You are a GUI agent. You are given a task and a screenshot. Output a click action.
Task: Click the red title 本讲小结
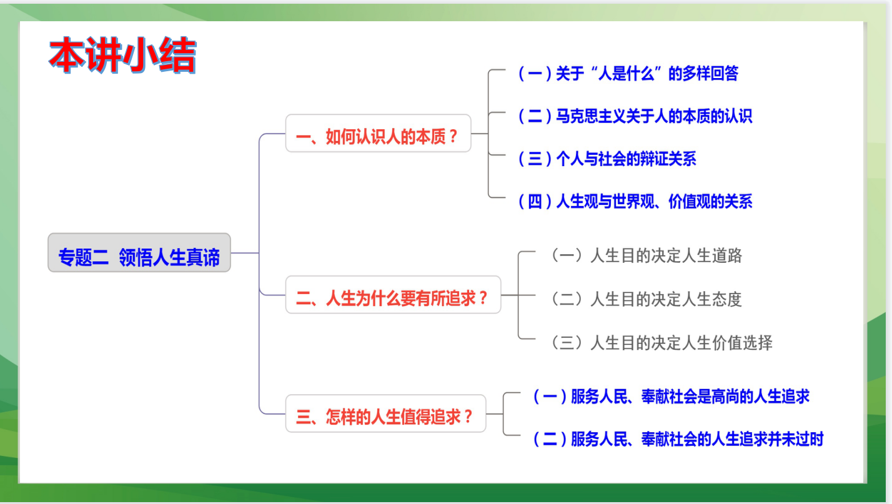(x=122, y=56)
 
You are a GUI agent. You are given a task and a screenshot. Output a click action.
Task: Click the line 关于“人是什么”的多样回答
(x=628, y=74)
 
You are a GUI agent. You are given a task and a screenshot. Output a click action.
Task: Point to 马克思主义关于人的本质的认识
(x=635, y=116)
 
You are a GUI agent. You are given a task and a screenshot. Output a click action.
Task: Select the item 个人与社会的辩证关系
(x=607, y=159)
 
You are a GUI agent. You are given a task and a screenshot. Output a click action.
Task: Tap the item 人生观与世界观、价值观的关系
(x=635, y=201)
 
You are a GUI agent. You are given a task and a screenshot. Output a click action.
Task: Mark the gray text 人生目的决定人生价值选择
(x=661, y=343)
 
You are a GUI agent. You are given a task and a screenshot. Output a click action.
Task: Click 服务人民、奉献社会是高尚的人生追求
(x=670, y=397)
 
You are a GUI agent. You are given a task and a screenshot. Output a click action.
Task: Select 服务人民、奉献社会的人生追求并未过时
(x=677, y=439)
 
